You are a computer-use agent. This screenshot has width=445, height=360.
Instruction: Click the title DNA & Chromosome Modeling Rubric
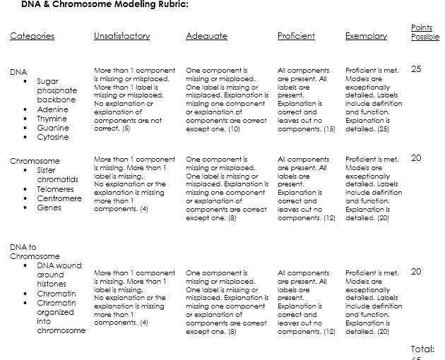pos(105,4)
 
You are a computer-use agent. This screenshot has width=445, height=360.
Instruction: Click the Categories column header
pos(32,36)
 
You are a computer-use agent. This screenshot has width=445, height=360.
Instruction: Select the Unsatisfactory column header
pos(121,36)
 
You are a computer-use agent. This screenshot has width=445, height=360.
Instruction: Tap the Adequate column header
pos(206,36)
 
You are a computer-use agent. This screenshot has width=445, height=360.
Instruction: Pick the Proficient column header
pos(296,36)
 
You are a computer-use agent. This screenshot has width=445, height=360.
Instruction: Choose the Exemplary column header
pos(366,36)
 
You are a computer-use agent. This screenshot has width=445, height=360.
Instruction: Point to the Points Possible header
pos(425,32)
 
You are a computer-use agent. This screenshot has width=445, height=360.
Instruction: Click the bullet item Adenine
pos(53,109)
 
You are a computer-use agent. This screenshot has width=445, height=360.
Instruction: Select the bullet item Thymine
pos(52,119)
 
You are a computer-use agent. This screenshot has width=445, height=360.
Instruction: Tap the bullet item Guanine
pos(53,128)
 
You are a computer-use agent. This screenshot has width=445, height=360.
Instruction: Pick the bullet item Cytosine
pos(53,137)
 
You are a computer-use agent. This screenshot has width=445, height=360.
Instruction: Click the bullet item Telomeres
pos(55,189)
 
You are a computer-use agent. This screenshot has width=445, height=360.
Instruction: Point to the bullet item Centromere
pos(59,198)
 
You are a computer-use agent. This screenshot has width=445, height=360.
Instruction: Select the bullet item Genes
pos(49,208)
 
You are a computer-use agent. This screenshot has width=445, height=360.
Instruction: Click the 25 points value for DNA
pos(416,69)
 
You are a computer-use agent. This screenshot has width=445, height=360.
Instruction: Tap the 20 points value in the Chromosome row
pos(416,158)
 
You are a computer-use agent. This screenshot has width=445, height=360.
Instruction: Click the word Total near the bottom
pos(422,349)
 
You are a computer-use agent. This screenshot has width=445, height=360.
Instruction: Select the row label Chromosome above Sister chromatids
pos(35,161)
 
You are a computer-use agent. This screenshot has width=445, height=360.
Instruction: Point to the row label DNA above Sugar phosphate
pos(18,72)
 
